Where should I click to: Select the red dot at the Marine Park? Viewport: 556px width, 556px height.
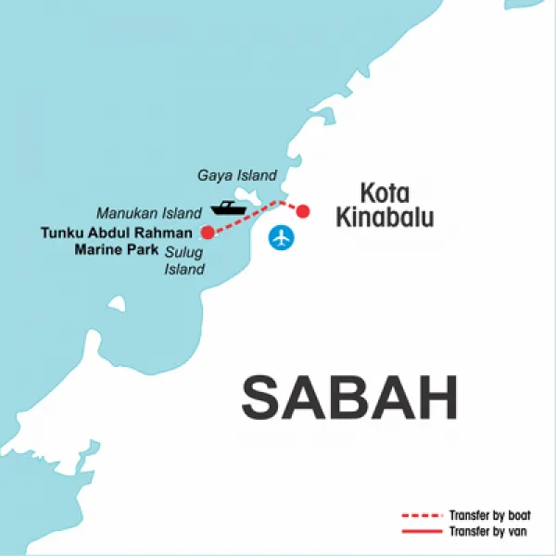[x=208, y=232]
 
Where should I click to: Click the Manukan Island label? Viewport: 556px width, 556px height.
[x=148, y=212]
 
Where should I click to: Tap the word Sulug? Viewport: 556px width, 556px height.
[x=183, y=251]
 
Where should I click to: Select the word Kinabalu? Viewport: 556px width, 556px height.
[x=395, y=219]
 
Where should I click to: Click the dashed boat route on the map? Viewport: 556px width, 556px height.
[x=246, y=217]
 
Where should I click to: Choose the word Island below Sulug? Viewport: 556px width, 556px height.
[x=184, y=270]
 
